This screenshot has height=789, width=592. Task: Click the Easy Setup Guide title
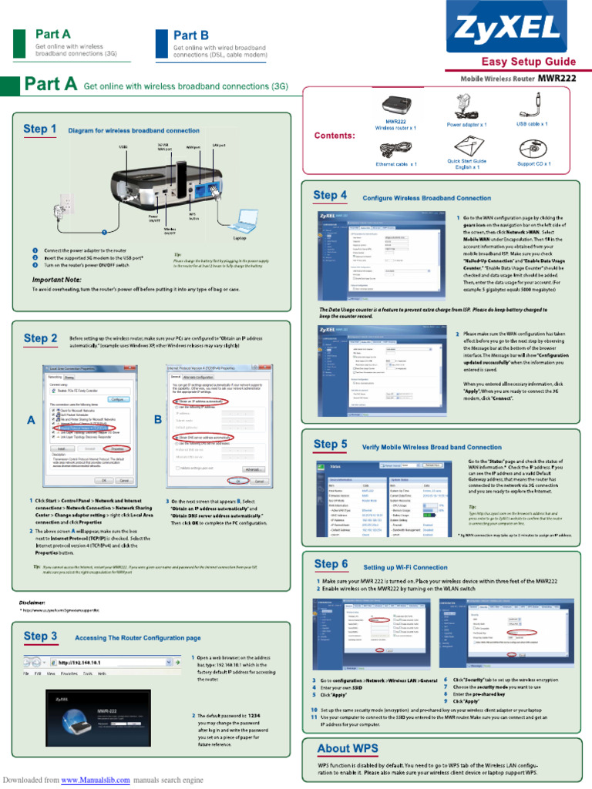tap(528, 62)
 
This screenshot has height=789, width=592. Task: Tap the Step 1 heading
tap(40, 129)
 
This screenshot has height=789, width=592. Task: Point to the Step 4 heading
tap(330, 196)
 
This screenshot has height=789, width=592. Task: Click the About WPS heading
tap(347, 748)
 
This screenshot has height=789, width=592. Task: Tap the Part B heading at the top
tap(190, 35)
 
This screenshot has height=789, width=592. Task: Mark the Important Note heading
tap(57, 279)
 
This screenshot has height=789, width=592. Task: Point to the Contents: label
tap(335, 136)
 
